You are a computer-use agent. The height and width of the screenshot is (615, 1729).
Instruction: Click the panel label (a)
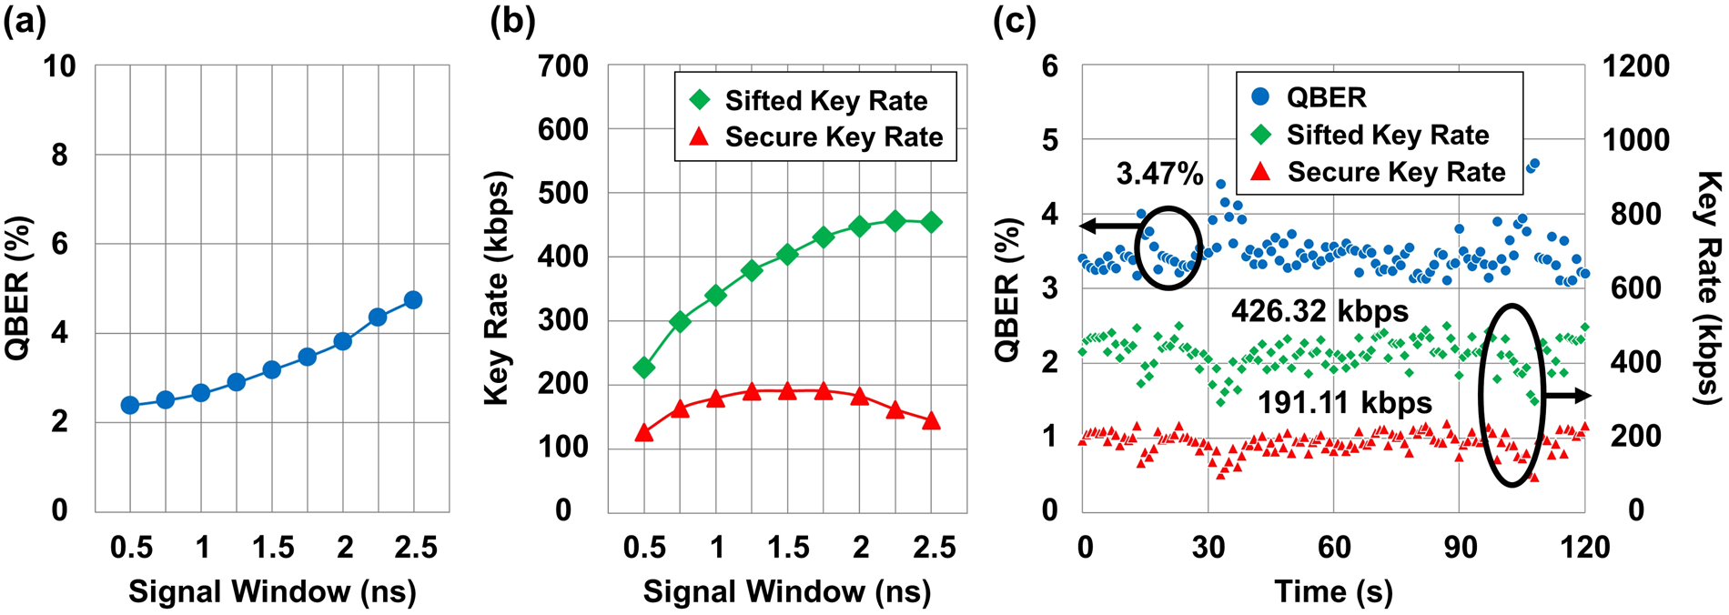pyautogui.click(x=25, y=20)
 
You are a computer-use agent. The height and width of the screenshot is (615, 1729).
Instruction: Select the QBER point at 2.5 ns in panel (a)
pyautogui.click(x=413, y=300)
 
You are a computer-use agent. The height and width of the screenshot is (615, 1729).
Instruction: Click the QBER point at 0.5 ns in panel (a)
pyautogui.click(x=130, y=405)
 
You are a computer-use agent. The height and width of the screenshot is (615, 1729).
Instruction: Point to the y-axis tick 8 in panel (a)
pyautogui.click(x=59, y=156)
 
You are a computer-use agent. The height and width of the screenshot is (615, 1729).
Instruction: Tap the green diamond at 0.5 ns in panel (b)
pyautogui.click(x=644, y=368)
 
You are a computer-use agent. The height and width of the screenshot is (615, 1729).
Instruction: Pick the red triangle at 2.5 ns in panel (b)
pyautogui.click(x=931, y=421)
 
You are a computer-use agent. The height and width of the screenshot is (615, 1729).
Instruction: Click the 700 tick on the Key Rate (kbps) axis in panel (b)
pyautogui.click(x=563, y=66)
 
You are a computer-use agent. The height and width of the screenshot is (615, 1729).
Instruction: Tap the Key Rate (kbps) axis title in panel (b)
pyautogui.click(x=496, y=288)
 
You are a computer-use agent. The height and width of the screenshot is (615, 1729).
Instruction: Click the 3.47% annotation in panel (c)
pyautogui.click(x=1158, y=174)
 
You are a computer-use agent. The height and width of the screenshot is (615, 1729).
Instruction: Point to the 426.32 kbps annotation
pyautogui.click(x=1319, y=312)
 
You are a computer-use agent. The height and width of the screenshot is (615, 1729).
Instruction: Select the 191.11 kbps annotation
pyautogui.click(x=1344, y=402)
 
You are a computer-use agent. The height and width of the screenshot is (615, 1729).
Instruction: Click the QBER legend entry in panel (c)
pyautogui.click(x=1324, y=97)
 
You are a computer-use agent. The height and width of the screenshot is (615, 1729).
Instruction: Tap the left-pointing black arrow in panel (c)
pyautogui.click(x=1107, y=226)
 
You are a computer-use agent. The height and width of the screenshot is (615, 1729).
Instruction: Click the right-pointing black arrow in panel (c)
pyautogui.click(x=1569, y=395)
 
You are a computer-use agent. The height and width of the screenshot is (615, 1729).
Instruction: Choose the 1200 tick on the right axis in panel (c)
pyautogui.click(x=1636, y=66)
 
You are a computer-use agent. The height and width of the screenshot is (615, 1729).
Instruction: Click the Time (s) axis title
pyautogui.click(x=1332, y=591)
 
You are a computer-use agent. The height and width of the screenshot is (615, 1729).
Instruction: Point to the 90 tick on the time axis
pyautogui.click(x=1460, y=547)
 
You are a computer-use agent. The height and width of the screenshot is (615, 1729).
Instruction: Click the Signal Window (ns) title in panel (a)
pyautogui.click(x=272, y=591)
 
